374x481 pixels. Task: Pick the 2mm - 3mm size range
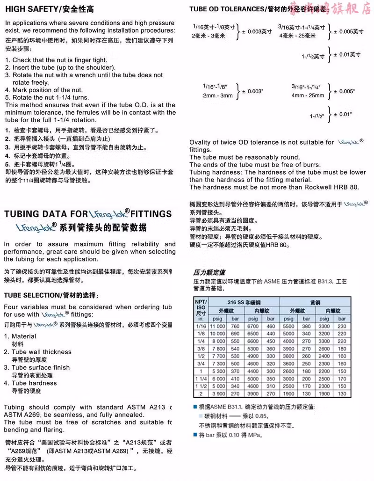[218, 96]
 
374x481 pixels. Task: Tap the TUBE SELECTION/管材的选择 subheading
[51, 295]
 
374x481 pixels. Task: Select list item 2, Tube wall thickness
[42, 352]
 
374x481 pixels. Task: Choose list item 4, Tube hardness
[34, 383]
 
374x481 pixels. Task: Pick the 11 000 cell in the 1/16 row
[218, 326]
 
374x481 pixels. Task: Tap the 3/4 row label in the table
[201, 364]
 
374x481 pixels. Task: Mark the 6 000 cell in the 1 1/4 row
[218, 379]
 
